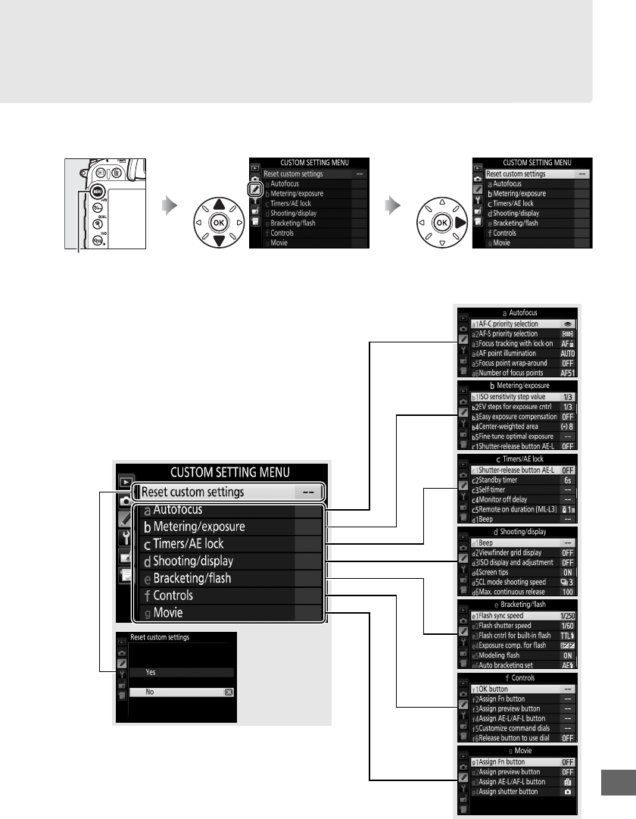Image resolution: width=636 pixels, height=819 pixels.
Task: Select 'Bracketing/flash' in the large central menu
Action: click(192, 579)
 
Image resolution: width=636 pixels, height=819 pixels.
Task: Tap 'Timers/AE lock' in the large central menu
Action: click(189, 544)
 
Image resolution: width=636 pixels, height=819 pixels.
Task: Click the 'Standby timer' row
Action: click(504, 480)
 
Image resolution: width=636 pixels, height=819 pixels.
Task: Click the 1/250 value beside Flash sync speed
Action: click(566, 616)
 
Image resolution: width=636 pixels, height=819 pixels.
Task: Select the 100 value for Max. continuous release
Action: click(566, 592)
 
